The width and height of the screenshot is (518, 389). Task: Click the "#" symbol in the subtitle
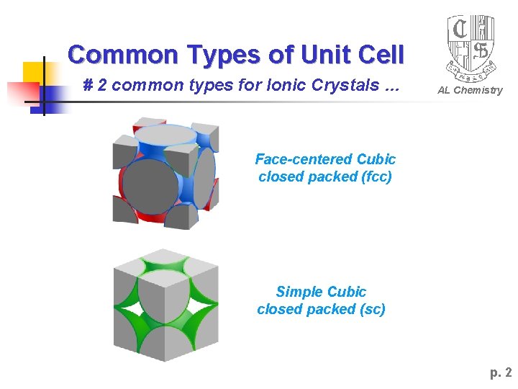(88, 86)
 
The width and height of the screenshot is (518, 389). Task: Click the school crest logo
(471, 47)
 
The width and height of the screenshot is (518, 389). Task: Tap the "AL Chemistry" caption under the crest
(471, 90)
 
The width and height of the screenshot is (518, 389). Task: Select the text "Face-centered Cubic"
(325, 159)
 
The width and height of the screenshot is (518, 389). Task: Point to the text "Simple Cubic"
(321, 292)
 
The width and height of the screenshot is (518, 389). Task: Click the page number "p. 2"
(501, 372)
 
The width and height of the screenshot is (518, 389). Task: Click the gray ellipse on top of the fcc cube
(165, 135)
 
